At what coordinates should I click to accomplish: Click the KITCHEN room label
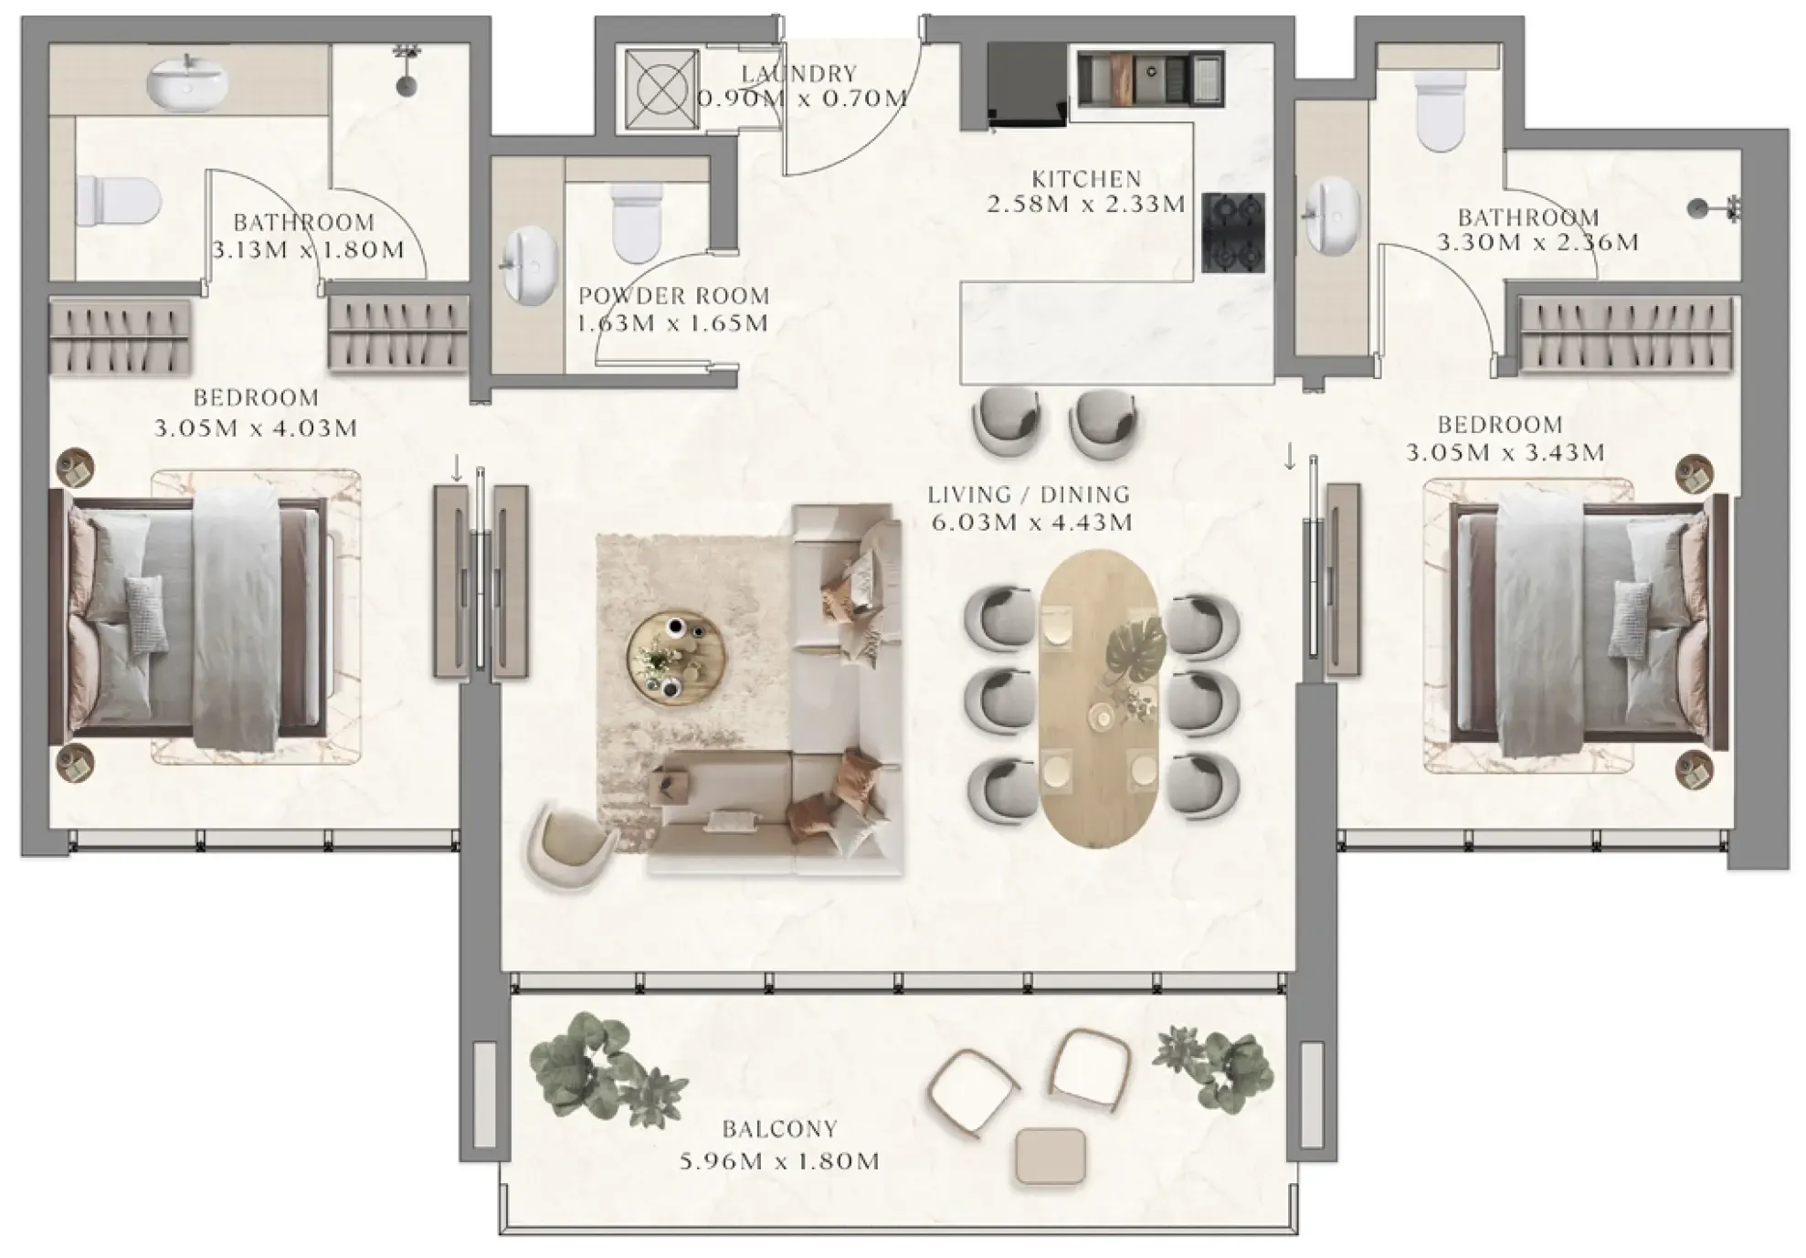[x=1086, y=178]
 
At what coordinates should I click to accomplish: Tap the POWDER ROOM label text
[x=673, y=296]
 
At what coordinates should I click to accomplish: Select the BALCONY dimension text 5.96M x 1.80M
[x=779, y=1161]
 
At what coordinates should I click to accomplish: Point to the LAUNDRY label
[x=799, y=73]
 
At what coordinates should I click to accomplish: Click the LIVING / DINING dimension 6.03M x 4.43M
[x=1031, y=523]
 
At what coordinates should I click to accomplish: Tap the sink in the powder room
[x=530, y=266]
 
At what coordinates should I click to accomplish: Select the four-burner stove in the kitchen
[x=1233, y=233]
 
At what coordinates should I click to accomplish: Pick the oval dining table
[x=1100, y=699]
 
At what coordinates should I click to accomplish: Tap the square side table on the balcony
[x=1051, y=1156]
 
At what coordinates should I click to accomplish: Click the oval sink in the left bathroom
[x=188, y=80]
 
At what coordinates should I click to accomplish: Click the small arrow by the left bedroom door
[x=456, y=468]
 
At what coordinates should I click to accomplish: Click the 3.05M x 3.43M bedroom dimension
[x=1505, y=452]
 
